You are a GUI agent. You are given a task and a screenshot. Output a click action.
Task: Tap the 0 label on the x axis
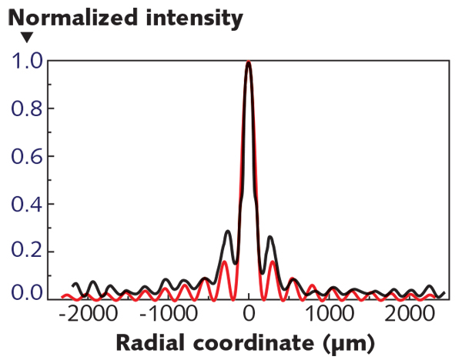(x=249, y=314)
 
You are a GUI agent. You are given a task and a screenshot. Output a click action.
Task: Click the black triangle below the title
(x=27, y=37)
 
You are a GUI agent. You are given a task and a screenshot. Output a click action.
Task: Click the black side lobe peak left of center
(x=227, y=231)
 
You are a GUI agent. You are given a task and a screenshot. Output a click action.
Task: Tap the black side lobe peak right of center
(x=270, y=238)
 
